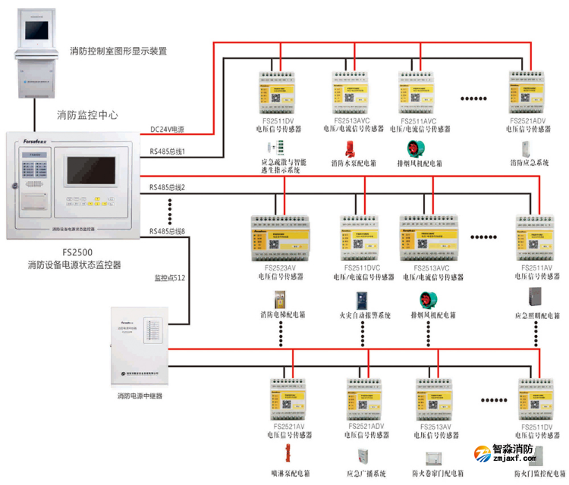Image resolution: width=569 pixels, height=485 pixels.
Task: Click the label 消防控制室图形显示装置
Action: pyautogui.click(x=117, y=52)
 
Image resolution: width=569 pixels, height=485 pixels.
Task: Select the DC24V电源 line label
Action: pyautogui.click(x=167, y=130)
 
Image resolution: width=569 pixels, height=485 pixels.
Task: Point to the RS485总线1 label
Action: pyautogui.click(x=168, y=152)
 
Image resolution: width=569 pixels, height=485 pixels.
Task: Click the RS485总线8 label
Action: pyautogui.click(x=168, y=231)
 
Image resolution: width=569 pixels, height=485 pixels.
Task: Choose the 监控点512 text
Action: pyautogui.click(x=170, y=278)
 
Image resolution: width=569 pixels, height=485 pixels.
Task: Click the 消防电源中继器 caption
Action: pyautogui.click(x=140, y=396)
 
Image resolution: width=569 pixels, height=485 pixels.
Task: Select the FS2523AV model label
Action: pyautogui.click(x=281, y=268)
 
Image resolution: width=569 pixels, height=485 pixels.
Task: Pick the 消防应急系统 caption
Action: pyautogui.click(x=529, y=162)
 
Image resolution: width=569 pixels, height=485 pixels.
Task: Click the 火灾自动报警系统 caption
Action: pyautogui.click(x=364, y=315)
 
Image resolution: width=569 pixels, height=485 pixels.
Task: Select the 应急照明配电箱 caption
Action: pyautogui.click(x=536, y=315)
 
